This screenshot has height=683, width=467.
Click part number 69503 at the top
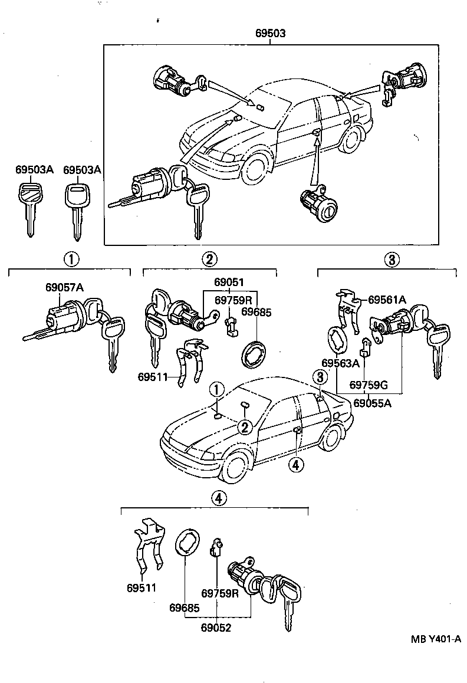(x=270, y=34)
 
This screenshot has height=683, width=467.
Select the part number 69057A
(x=64, y=287)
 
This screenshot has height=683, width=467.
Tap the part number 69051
(x=229, y=282)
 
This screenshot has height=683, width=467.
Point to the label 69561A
(x=387, y=300)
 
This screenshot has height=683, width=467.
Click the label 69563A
(x=340, y=363)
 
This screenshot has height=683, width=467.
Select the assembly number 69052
(x=216, y=628)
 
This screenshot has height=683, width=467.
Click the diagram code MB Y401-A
(x=435, y=639)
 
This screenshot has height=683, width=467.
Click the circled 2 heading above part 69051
(x=209, y=258)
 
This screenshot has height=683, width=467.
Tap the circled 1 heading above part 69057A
(x=70, y=258)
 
